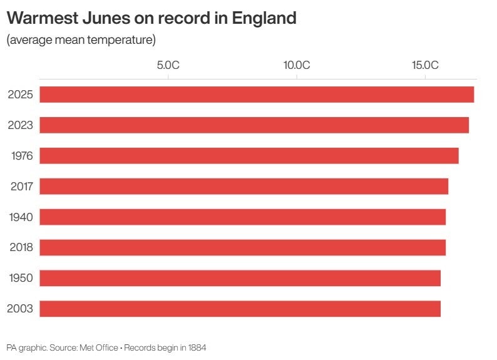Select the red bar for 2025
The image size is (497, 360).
tap(257, 95)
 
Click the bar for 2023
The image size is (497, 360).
tap(254, 125)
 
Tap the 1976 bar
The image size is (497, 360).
tap(249, 156)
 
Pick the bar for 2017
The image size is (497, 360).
tap(244, 187)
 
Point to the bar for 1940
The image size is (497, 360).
tap(243, 217)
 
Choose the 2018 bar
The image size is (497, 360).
tap(243, 247)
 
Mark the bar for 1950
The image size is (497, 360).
tap(240, 278)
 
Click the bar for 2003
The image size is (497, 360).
tap(240, 309)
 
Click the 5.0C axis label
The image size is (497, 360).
tap(168, 65)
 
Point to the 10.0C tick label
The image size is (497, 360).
tap(297, 65)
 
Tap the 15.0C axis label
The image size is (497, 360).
tap(425, 65)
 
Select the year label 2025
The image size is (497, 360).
tap(20, 95)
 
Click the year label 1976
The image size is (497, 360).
tap(21, 156)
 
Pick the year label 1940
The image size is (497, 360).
tap(21, 217)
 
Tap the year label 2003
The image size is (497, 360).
tap(20, 309)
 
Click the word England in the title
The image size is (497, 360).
tap(264, 18)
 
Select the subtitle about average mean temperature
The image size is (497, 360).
tap(81, 41)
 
